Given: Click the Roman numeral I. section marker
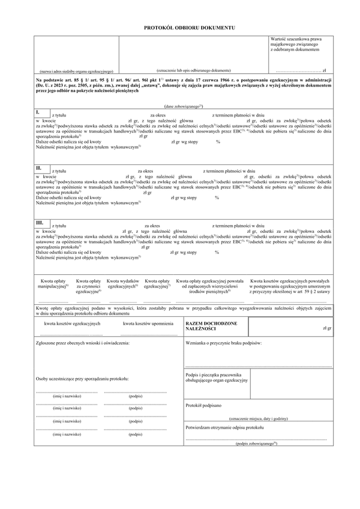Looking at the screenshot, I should pos(38,112).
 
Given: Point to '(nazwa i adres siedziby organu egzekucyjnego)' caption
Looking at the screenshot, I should pos(76,71).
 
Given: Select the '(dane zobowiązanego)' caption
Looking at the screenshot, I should pos(180,105).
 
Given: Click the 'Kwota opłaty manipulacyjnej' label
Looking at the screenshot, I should pos(55,284).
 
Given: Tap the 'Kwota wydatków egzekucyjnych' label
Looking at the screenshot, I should pos(123,284).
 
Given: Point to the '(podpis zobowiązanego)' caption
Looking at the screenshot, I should pos(257,444).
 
